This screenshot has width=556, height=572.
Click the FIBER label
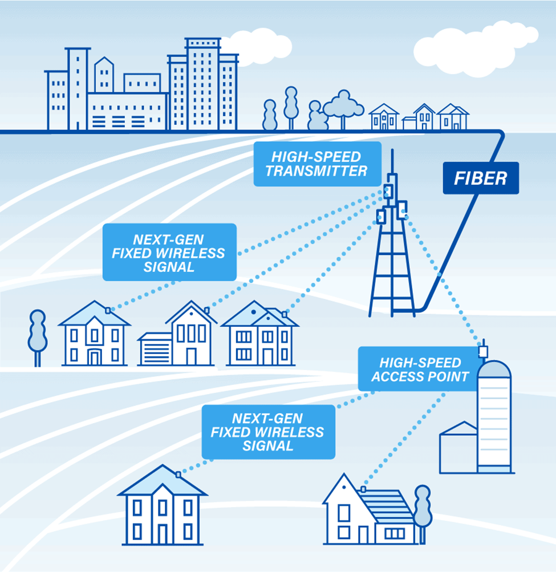pos(481,178)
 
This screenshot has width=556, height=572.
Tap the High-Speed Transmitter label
pos(316,164)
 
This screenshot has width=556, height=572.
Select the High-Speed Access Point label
pos(420,370)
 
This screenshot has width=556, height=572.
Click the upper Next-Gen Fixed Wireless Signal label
pos(169,252)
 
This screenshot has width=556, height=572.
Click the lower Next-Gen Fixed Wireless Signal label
pos(267,432)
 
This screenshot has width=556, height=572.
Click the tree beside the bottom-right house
pos(423,508)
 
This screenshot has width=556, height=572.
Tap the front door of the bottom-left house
pos(163,534)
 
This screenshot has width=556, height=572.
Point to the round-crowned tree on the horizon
pos(343,106)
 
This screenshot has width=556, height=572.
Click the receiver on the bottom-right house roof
pos(363,489)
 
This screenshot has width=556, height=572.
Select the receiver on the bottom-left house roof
pos(178,474)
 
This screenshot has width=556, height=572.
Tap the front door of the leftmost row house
pos(95,357)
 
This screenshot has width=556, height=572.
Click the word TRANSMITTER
pos(316,171)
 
